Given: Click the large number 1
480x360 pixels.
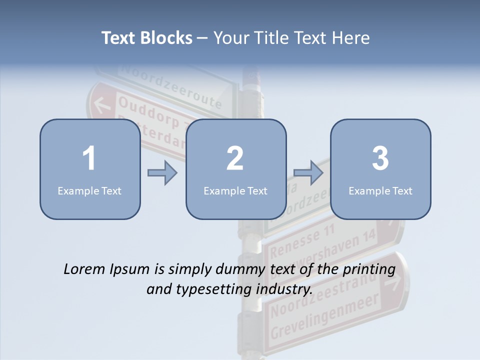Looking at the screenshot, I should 89,158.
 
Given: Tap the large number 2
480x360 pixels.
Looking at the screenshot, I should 235,158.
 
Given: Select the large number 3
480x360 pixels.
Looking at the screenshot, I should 380,158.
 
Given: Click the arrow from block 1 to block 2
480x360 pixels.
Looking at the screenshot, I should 162,173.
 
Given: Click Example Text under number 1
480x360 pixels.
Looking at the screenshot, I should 89,190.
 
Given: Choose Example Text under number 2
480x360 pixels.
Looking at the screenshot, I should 235,190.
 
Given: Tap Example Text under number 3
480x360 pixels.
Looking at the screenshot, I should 380,190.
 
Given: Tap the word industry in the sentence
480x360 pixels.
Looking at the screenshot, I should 283,289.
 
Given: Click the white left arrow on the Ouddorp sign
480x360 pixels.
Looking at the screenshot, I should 102,105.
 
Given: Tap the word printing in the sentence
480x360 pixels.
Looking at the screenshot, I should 369,269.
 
